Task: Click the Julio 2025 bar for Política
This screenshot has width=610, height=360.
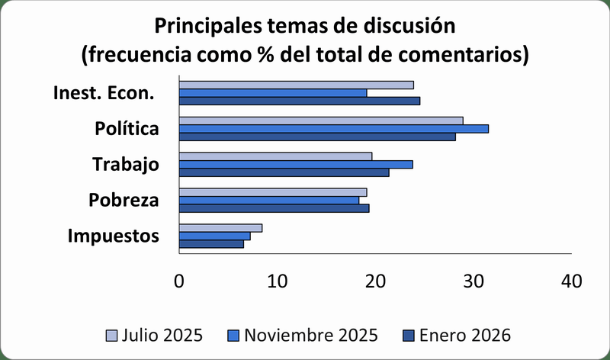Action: pos(321,121)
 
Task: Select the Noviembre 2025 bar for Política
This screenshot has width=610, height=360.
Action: pos(334,129)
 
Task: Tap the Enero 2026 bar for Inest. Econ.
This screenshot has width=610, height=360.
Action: pos(300,101)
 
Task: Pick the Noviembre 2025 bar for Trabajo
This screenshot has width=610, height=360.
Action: pos(296,164)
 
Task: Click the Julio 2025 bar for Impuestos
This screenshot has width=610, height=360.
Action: pos(220,227)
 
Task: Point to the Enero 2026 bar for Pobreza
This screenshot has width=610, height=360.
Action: pos(274,208)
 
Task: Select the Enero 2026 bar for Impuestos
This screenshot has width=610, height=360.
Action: pos(211,244)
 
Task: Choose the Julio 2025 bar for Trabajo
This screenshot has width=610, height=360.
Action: pos(275,156)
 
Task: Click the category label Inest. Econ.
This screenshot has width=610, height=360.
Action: pos(104,93)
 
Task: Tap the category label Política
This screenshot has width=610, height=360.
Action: pos(127,129)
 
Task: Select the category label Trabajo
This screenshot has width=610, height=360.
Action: pos(125,164)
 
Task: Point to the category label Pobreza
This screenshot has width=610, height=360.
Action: pos(124,201)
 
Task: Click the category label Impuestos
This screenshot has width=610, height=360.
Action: pos(114,236)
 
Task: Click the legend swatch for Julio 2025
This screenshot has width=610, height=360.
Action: pos(111,336)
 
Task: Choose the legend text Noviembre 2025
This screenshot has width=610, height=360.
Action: pos(312,336)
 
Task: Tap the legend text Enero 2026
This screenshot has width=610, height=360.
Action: pos(464,336)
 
